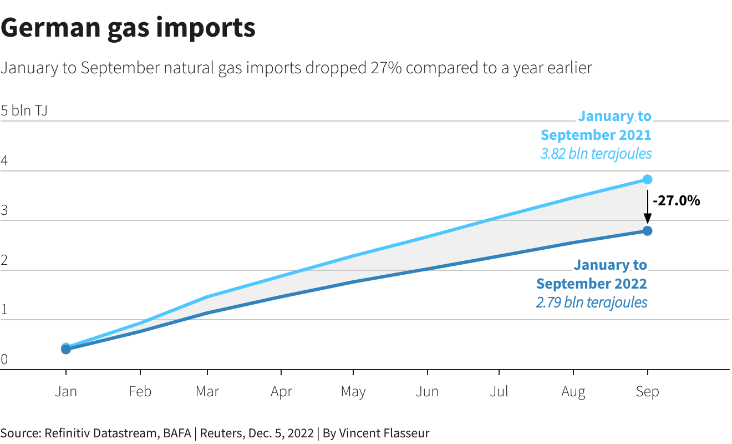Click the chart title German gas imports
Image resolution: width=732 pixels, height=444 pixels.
coord(128,27)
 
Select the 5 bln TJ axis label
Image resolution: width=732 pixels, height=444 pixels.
coord(24,110)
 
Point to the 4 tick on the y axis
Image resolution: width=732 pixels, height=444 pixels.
coord(4,161)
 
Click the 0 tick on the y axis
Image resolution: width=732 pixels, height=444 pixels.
coord(4,360)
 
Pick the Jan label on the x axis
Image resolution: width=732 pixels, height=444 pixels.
coord(65,392)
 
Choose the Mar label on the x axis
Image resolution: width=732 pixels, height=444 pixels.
coord(207,392)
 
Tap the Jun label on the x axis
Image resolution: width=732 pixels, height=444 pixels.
coord(427,392)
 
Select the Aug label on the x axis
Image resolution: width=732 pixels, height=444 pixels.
coord(573,392)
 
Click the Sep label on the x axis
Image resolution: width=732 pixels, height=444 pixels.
coord(647,392)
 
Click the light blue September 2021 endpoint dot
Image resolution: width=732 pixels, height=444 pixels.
coord(647,179)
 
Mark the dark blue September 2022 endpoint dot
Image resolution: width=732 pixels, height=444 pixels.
coord(647,230)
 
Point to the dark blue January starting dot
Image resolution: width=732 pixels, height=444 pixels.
coord(65,349)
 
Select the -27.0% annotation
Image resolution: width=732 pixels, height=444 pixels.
coord(676,201)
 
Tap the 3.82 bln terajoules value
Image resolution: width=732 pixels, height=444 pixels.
coord(596,154)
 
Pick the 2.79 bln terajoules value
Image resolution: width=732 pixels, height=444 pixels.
coord(591,302)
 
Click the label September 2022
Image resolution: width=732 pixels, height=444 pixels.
coord(591,284)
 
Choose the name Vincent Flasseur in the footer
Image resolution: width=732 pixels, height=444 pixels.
coord(384,433)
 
